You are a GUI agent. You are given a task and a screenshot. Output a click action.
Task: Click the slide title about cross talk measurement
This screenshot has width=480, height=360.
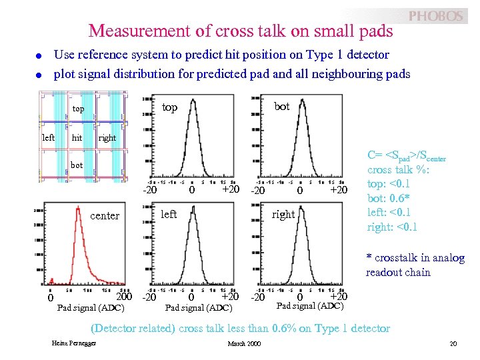click(x=241, y=31)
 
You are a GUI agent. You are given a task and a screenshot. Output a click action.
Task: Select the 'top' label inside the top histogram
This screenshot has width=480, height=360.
click(x=170, y=107)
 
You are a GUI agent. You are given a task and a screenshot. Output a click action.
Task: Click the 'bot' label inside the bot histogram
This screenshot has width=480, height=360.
click(x=282, y=107)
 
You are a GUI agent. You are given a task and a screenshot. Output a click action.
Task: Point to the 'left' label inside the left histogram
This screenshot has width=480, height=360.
click(x=169, y=214)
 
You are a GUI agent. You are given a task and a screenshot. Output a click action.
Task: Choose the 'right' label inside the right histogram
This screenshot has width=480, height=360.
click(x=283, y=215)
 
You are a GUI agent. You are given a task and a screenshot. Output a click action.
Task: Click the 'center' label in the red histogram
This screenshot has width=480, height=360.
click(x=105, y=216)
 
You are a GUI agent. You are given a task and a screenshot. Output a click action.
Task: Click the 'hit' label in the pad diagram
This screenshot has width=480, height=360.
click(x=77, y=138)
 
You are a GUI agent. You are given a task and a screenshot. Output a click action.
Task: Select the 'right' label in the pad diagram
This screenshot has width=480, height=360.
click(x=107, y=138)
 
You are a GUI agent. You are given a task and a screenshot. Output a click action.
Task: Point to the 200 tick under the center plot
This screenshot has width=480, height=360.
click(x=125, y=296)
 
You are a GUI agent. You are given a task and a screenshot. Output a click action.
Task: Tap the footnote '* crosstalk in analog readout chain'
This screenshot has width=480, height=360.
click(x=415, y=265)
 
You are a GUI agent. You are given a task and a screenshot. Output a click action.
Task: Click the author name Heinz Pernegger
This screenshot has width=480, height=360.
click(x=74, y=343)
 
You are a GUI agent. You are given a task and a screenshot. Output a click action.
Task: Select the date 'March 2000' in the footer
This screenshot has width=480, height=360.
click(x=245, y=343)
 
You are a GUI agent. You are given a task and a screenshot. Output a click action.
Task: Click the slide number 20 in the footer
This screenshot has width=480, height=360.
click(x=453, y=343)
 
